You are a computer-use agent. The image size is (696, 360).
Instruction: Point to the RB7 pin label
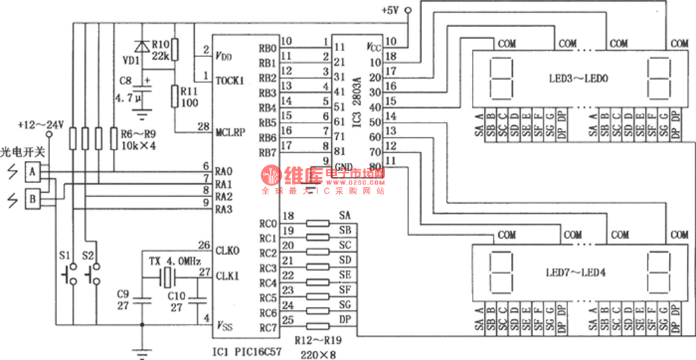[x=268, y=152]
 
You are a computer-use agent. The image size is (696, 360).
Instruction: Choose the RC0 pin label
[x=268, y=224]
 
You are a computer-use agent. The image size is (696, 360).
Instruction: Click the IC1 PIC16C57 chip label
[x=247, y=352]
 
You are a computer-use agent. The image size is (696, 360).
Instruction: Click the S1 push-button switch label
[x=64, y=256]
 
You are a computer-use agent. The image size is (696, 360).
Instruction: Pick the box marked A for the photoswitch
[x=31, y=170]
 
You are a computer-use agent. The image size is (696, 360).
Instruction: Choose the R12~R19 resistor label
[x=318, y=342]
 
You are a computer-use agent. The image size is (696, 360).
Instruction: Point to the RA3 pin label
[x=223, y=209]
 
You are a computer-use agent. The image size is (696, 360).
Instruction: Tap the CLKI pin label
[x=228, y=276]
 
